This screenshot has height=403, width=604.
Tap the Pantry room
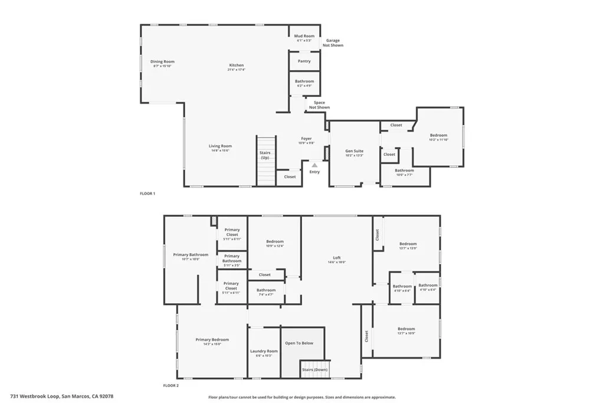click(304, 61)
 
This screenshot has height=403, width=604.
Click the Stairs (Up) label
click(265, 155)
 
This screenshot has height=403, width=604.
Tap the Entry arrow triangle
click(314, 165)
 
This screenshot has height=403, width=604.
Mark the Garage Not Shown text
click(333, 43)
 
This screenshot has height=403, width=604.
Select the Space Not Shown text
click(319, 105)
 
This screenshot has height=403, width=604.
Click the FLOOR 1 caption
click(147, 194)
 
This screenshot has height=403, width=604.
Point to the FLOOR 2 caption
click(171, 386)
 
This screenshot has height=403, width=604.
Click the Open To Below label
click(299, 343)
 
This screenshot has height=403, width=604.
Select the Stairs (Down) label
click(315, 370)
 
